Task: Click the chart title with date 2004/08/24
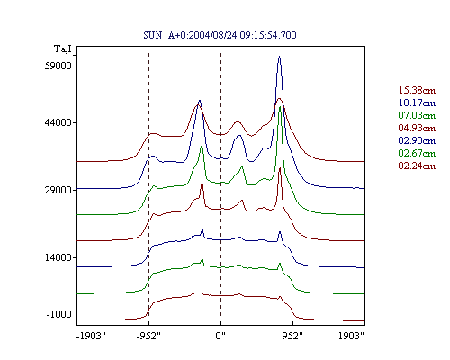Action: point(220,35)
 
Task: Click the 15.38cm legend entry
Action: point(417,90)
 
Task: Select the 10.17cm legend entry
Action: point(417,103)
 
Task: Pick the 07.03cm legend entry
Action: point(417,115)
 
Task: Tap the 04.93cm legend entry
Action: point(417,128)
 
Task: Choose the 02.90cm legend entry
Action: point(417,140)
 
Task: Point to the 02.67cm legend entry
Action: point(417,153)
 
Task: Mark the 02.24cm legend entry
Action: point(417,166)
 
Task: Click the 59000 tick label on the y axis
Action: point(58,66)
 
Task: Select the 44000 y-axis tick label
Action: point(58,122)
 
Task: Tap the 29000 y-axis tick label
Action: point(58,190)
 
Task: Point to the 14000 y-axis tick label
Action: point(58,257)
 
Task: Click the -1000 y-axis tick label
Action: point(59,314)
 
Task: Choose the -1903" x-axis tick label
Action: point(91,336)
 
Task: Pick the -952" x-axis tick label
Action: point(148,336)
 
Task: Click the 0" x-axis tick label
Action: point(220,336)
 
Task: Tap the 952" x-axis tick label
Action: point(292,336)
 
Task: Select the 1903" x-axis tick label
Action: point(351,336)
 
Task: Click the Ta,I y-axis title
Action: point(63,49)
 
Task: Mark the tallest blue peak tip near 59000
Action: point(280,56)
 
